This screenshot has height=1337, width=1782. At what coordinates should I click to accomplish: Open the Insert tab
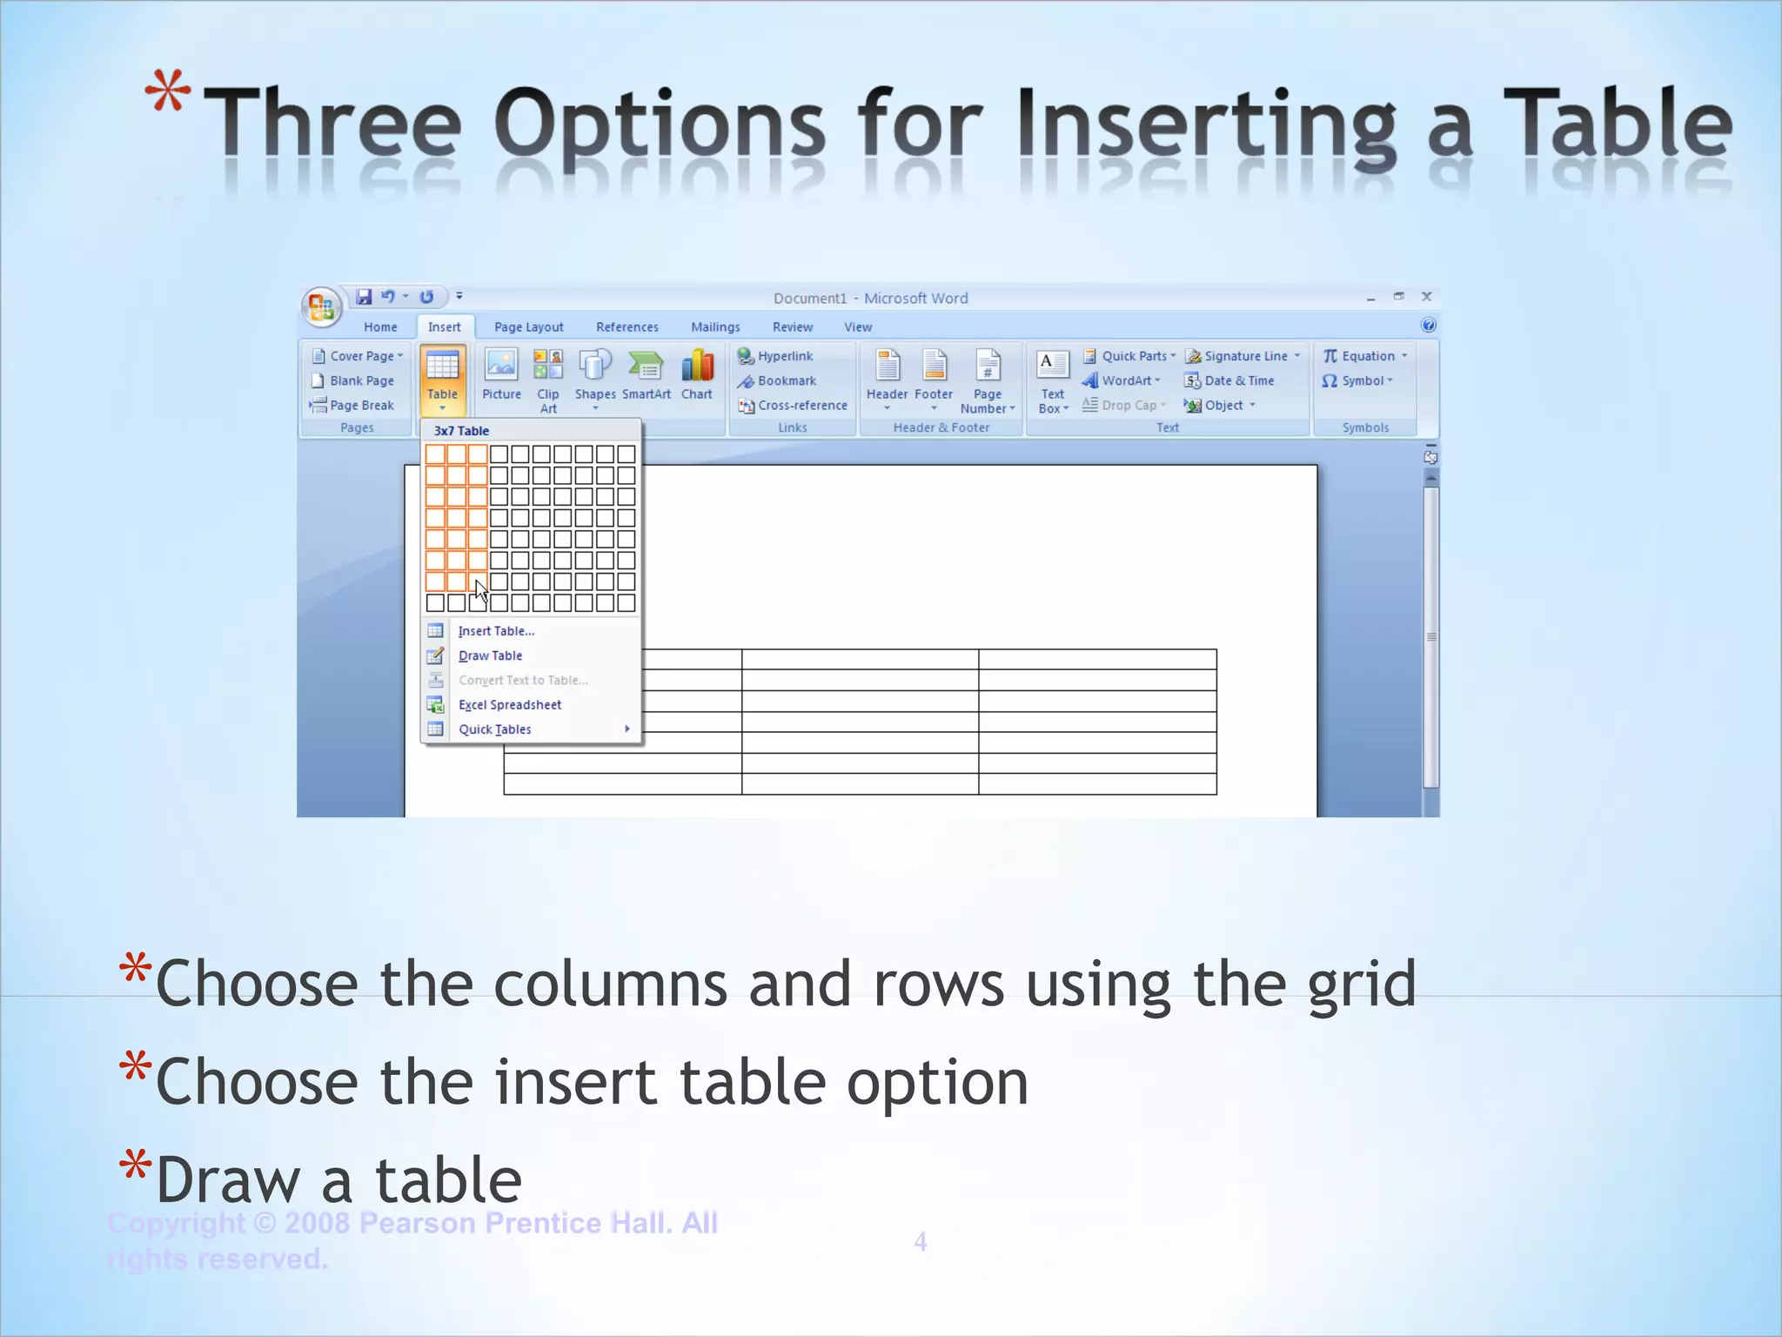(444, 327)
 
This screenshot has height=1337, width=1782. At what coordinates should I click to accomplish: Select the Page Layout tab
(528, 327)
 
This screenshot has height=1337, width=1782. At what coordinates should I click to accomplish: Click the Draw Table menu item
(490, 655)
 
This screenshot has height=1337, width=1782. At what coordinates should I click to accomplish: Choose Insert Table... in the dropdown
(496, 631)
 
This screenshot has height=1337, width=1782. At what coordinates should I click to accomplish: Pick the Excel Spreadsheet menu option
(509, 705)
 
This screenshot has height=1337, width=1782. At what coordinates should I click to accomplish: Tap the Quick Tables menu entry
(494, 729)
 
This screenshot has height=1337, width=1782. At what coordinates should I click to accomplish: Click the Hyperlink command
(784, 356)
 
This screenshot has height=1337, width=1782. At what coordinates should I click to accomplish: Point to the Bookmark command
(786, 380)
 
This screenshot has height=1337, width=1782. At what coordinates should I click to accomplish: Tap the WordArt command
(1125, 380)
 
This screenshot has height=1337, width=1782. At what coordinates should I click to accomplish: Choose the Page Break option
(361, 406)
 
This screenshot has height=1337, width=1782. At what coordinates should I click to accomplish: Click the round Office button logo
(321, 307)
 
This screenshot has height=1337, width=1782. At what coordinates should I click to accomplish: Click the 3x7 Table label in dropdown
(461, 431)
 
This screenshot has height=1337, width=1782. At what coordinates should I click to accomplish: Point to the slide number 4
(921, 1242)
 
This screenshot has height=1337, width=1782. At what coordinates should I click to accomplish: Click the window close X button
(1427, 297)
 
